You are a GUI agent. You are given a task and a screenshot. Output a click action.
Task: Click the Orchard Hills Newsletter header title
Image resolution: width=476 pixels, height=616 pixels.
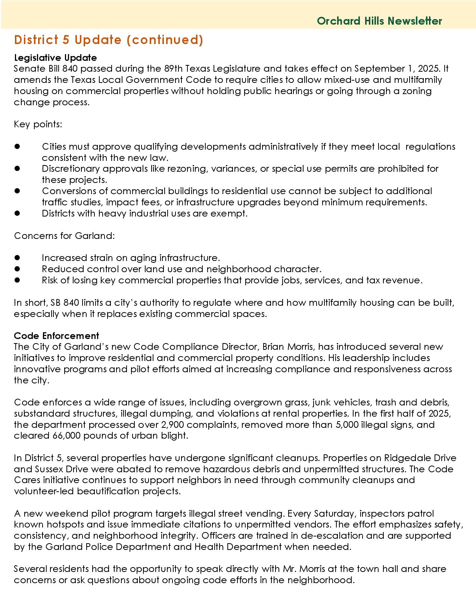point(379,21)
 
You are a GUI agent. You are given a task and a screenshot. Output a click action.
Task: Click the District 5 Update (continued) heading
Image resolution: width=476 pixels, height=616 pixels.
point(109,40)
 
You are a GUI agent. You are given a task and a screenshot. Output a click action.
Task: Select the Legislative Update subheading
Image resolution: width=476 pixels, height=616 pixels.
point(55,57)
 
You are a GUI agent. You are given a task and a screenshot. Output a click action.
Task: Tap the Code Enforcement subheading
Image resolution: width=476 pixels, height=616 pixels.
point(56,336)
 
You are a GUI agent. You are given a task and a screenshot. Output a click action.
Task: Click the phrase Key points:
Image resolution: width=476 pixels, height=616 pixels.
point(38,124)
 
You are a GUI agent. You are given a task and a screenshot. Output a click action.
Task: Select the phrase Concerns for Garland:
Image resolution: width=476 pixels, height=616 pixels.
point(64,236)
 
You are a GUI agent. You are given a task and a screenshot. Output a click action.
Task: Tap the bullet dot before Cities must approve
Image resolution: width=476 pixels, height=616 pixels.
point(17,147)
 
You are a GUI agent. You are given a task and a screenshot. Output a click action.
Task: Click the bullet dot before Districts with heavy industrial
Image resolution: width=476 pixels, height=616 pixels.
point(17,214)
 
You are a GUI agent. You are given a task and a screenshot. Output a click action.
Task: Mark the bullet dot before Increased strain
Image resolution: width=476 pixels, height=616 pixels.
point(17,258)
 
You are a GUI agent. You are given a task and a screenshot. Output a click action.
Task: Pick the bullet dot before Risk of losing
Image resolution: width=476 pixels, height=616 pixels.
point(17,280)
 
